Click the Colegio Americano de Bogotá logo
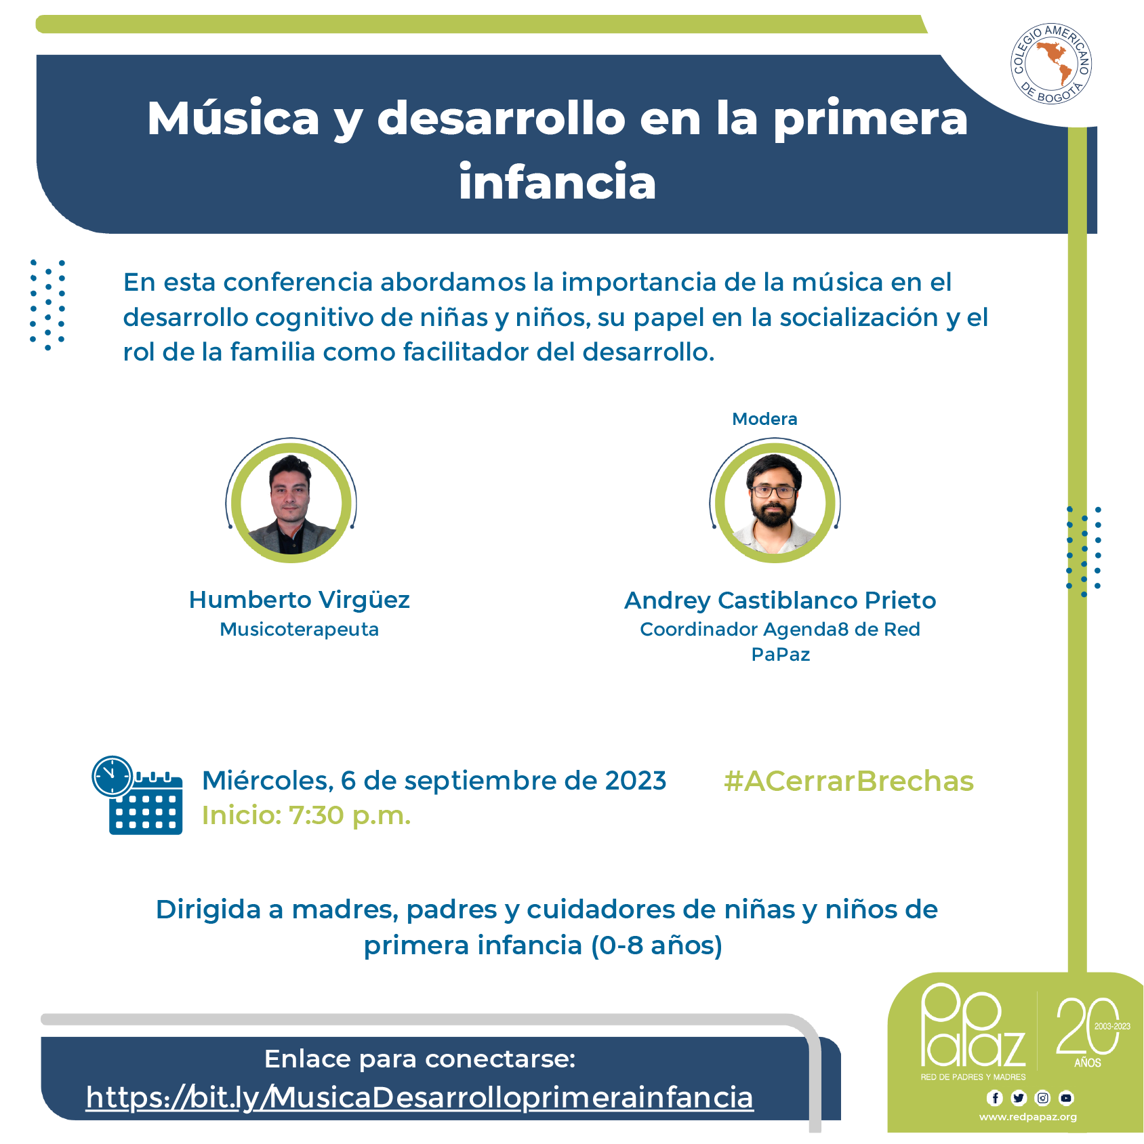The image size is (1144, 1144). (x=1051, y=64)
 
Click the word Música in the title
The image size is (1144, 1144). (x=233, y=118)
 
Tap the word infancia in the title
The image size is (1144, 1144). (x=557, y=182)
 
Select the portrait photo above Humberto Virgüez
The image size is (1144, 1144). (x=291, y=502)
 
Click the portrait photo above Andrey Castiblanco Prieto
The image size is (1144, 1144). (x=775, y=502)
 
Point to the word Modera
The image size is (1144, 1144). (x=764, y=419)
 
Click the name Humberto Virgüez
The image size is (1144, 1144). (x=300, y=600)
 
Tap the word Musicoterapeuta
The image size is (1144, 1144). (x=300, y=630)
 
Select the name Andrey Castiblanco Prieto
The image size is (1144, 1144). (x=780, y=600)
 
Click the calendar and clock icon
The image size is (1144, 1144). (x=138, y=795)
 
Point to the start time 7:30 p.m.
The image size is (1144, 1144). (x=350, y=815)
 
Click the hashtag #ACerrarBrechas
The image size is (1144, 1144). (x=849, y=781)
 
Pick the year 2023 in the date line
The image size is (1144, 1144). (x=636, y=781)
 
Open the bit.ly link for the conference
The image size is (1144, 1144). (x=420, y=1097)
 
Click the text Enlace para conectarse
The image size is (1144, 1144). (x=420, y=1059)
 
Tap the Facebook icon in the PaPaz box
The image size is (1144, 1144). (x=995, y=1098)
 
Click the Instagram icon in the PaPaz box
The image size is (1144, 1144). (x=1043, y=1098)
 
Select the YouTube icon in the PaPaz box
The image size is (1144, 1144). (x=1067, y=1098)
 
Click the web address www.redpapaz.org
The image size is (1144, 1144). (x=1028, y=1117)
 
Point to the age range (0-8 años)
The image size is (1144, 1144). (x=657, y=945)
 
